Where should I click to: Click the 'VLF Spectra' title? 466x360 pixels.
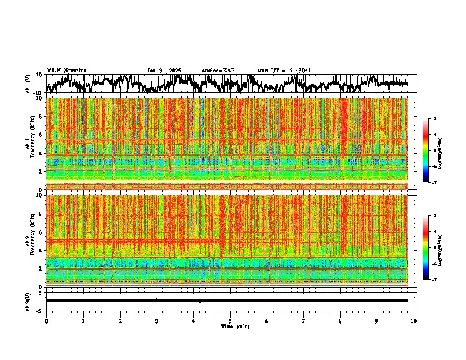coord(66,71)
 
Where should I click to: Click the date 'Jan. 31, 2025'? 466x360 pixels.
coord(164,71)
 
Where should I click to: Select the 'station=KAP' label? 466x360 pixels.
coord(218,71)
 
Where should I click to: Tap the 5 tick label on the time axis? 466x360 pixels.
coord(230,321)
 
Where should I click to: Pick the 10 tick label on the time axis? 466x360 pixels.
coord(414,321)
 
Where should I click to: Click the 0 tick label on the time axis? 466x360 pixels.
coord(46,321)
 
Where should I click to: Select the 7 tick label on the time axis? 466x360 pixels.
coord(304,321)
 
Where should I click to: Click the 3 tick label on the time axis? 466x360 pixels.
coord(157,321)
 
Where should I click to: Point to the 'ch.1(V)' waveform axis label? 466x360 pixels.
coord(28,84)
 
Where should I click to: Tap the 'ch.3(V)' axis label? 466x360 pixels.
coord(28,301)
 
